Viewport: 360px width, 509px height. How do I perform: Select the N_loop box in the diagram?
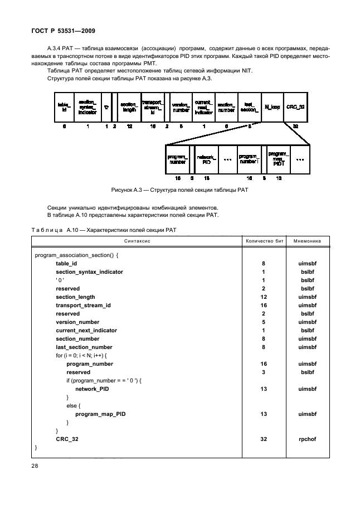pyautogui.click(x=272, y=106)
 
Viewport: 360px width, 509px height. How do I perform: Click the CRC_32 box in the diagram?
pyautogui.click(x=295, y=106)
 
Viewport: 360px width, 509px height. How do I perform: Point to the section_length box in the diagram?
pyautogui.click(x=129, y=106)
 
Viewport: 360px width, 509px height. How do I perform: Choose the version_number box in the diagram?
pyautogui.click(x=181, y=106)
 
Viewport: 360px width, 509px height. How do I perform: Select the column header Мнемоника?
pyautogui.click(x=307, y=241)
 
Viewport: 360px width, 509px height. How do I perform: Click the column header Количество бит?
pyautogui.click(x=264, y=241)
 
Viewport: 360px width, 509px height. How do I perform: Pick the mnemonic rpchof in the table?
pyautogui.click(x=307, y=439)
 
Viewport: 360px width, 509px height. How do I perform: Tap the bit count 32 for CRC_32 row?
pyautogui.click(x=264, y=439)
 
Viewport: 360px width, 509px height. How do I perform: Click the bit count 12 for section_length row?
pyautogui.click(x=264, y=297)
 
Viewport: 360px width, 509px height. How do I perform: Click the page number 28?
pyautogui.click(x=36, y=463)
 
